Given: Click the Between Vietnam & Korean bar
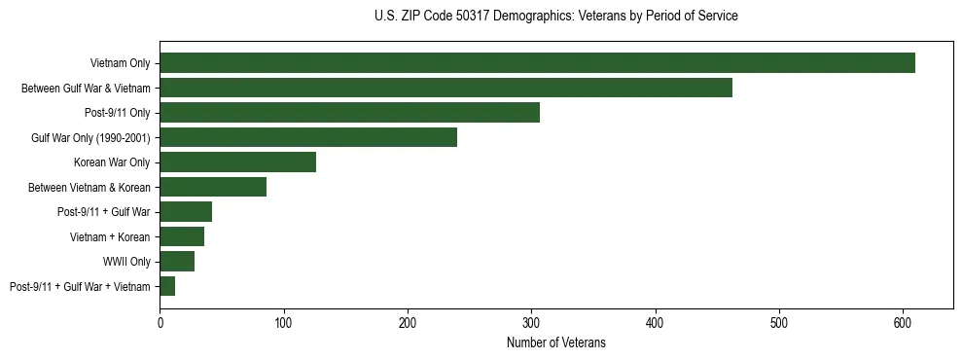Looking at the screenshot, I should pyautogui.click(x=213, y=187).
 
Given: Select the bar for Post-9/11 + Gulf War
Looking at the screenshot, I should pyautogui.click(x=186, y=212).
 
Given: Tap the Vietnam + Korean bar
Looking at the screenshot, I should pyautogui.click(x=182, y=236).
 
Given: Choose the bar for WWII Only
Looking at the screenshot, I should pyautogui.click(x=177, y=262).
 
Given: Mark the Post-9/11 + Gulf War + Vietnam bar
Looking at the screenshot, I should pyautogui.click(x=167, y=286).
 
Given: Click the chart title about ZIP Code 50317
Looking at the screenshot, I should pyautogui.click(x=555, y=17).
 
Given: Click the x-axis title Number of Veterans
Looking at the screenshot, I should pyautogui.click(x=555, y=342).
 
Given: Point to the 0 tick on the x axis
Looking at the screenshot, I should pyautogui.click(x=160, y=323).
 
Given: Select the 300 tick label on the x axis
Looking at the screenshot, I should pyautogui.click(x=531, y=323).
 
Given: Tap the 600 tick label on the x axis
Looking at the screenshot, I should pyautogui.click(x=903, y=323).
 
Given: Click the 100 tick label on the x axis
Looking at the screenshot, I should pyautogui.click(x=283, y=323).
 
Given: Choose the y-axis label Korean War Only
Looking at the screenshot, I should pyautogui.click(x=112, y=162).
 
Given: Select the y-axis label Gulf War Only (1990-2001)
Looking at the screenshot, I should pyautogui.click(x=90, y=137).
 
